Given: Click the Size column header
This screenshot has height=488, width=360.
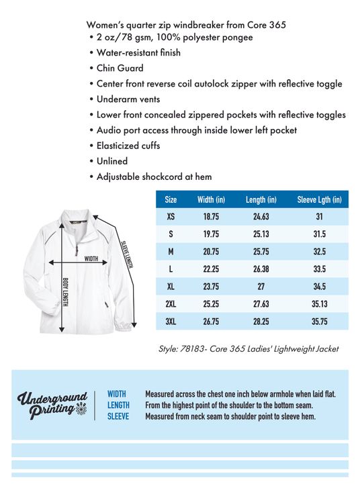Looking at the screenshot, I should coord(171,199).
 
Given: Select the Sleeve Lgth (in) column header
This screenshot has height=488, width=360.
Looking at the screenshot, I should coord(319,199).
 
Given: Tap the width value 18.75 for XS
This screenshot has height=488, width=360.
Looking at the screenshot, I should coord(211,217).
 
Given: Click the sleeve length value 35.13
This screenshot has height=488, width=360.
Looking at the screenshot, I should coord(319,304).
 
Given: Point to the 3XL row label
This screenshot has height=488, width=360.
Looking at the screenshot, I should coord(171,322).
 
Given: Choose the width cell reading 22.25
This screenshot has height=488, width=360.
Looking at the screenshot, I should coord(211,269).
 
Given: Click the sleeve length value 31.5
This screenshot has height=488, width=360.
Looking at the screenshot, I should coord(319,234).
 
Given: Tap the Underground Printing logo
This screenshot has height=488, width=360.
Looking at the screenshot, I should coord(52,405).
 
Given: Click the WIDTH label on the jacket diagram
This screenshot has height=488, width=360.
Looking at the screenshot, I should coord(91,258).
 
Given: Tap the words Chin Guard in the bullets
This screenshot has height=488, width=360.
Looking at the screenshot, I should coord(120,68).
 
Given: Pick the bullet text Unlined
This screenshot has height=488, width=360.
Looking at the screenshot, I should coord(112,161).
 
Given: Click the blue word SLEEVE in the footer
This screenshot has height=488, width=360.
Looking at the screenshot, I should coord(118,416).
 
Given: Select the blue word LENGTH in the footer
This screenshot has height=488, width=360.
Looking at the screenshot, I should coord(118,405).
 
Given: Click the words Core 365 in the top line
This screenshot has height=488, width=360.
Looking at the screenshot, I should coord(267,25).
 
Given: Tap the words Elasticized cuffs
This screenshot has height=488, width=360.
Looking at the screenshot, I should coord(128,146).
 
